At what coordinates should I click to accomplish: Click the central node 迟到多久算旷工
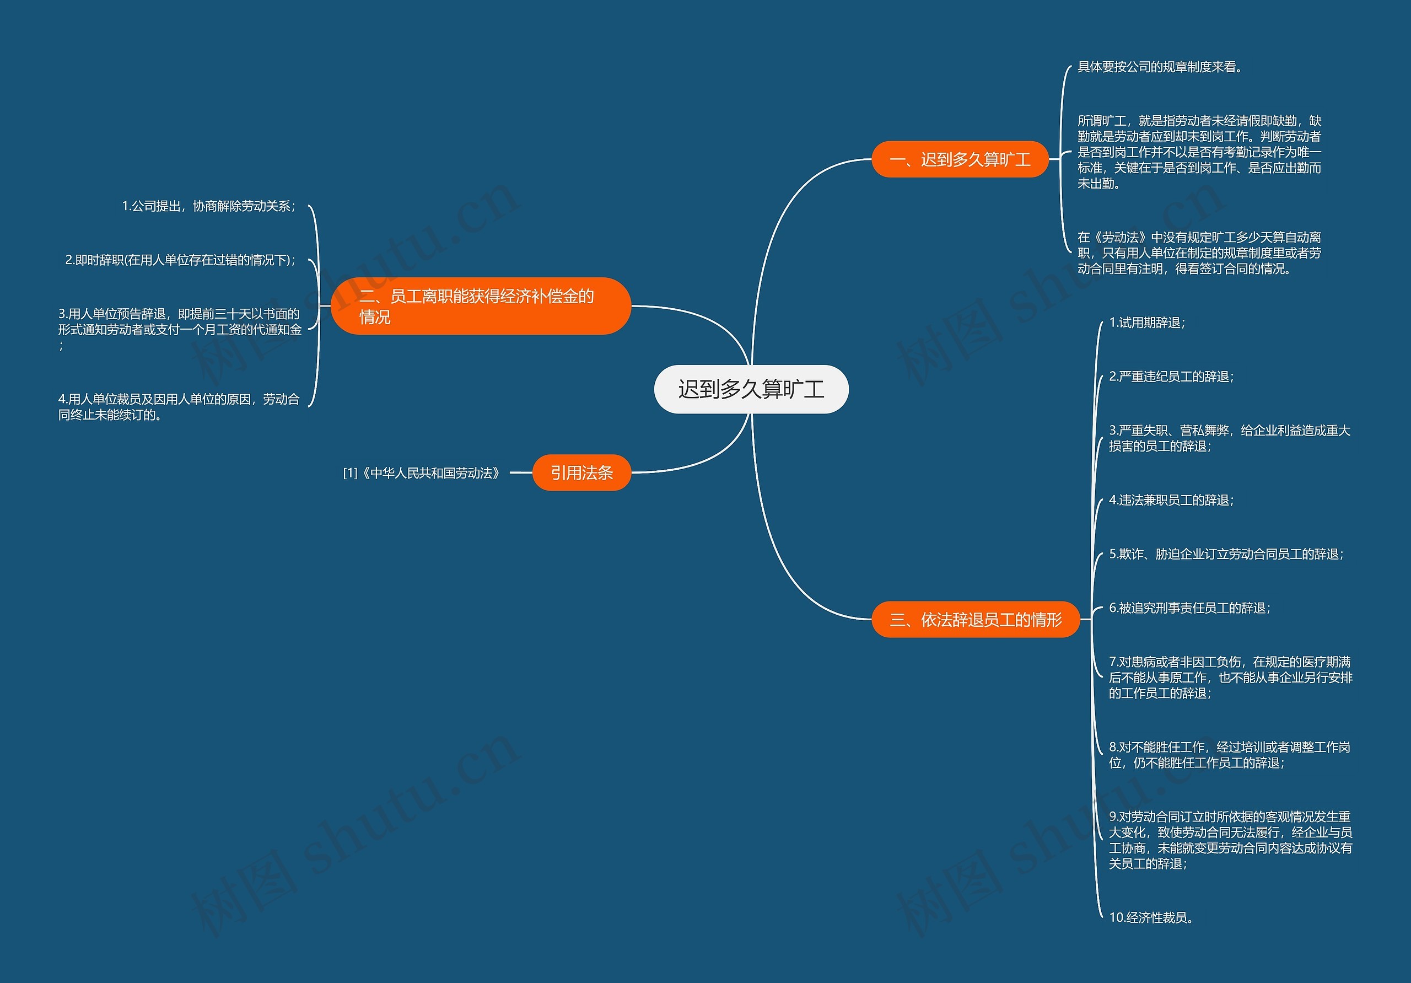[x=751, y=389]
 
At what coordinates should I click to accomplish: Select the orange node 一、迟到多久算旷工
[x=960, y=160]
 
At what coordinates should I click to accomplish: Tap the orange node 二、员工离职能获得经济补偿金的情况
[x=481, y=306]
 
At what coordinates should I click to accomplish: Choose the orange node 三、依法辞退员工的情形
[x=975, y=620]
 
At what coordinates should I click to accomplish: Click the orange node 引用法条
[x=581, y=472]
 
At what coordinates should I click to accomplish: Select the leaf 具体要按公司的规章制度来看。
[x=1160, y=67]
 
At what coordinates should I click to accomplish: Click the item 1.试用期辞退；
[x=1147, y=323]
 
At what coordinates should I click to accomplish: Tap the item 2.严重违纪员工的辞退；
[x=1171, y=376]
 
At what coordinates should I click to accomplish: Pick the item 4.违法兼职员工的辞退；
[x=1171, y=500]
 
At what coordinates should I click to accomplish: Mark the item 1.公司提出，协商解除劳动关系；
[x=209, y=206]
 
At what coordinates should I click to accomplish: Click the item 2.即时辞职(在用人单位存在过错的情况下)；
[x=181, y=260]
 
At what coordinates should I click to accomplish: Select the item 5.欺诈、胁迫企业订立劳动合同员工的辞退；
[x=1226, y=554]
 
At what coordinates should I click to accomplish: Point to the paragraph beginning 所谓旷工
[x=1199, y=152]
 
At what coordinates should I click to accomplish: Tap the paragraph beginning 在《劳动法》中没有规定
[x=1199, y=253]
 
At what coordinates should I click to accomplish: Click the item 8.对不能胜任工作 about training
[x=1229, y=755]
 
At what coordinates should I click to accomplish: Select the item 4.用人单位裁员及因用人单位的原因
[x=179, y=407]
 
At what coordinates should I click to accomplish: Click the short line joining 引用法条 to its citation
[x=521, y=472]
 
